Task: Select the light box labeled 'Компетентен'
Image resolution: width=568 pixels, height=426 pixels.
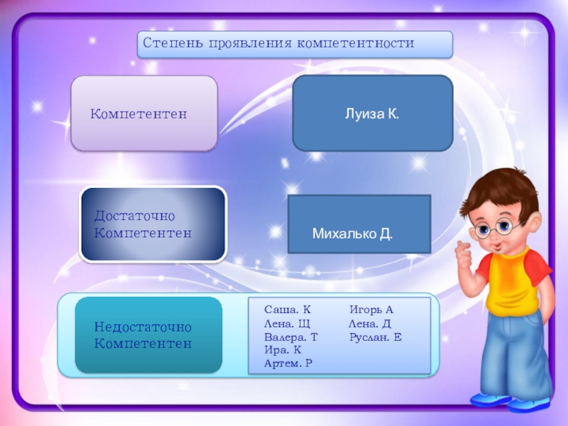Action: pyautogui.click(x=144, y=114)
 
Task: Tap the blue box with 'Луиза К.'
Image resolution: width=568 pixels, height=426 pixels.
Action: pyautogui.click(x=372, y=114)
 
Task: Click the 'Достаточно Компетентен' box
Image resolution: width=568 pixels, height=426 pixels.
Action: pyautogui.click(x=153, y=224)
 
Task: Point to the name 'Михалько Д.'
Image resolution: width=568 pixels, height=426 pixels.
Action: pyautogui.click(x=353, y=233)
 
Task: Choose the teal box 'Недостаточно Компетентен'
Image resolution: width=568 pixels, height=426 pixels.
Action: pyautogui.click(x=148, y=335)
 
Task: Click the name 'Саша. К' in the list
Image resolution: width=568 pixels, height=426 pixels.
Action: pyautogui.click(x=287, y=310)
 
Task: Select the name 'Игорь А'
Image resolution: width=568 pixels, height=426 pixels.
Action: pyautogui.click(x=371, y=310)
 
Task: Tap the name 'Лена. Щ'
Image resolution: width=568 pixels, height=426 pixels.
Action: pyautogui.click(x=287, y=324)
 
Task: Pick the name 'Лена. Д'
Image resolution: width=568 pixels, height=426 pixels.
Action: pyautogui.click(x=369, y=324)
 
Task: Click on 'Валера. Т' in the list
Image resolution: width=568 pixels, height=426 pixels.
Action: pyautogui.click(x=290, y=337)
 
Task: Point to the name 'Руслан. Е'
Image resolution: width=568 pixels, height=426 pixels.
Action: pyautogui.click(x=375, y=337)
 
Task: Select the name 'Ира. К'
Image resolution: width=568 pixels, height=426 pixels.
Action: pyautogui.click(x=282, y=350)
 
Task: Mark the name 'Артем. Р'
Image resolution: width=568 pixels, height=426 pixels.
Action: pyautogui.click(x=288, y=364)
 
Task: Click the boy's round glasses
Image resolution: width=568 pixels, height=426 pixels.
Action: pyautogui.click(x=495, y=228)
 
